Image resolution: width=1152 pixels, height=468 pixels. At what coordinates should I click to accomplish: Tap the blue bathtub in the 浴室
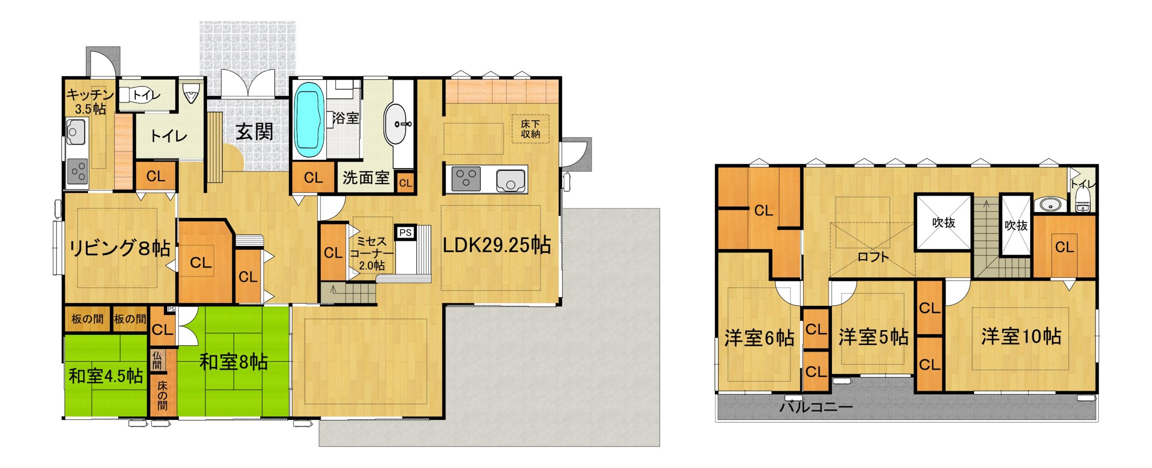[309, 120]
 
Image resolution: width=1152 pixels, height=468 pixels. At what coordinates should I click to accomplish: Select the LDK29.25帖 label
[497, 245]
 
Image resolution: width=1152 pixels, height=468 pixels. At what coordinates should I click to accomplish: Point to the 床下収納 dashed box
[531, 129]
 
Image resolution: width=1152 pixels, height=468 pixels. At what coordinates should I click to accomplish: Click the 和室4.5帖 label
[106, 376]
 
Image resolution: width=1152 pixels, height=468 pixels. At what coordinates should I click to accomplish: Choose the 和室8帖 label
[234, 362]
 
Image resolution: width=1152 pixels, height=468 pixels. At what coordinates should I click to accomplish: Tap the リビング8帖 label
[120, 248]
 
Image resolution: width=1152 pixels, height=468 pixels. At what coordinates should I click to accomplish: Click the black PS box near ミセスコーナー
[405, 232]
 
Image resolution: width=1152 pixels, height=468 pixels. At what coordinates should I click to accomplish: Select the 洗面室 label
[366, 178]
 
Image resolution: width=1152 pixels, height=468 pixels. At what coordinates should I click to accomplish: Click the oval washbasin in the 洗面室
[396, 124]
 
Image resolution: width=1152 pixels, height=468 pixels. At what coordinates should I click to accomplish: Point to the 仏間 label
[157, 360]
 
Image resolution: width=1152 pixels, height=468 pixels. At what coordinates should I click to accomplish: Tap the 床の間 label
[162, 395]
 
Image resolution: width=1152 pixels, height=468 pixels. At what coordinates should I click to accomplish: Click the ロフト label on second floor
[873, 257]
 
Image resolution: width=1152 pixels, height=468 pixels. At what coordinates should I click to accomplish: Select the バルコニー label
[816, 407]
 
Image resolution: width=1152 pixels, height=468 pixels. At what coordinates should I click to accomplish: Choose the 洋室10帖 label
[1021, 336]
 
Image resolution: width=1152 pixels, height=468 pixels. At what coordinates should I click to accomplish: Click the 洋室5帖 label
[873, 337]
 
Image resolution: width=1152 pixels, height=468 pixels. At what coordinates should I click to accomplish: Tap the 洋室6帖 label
[760, 338]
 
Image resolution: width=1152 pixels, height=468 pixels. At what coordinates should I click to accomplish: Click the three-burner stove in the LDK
[466, 179]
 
